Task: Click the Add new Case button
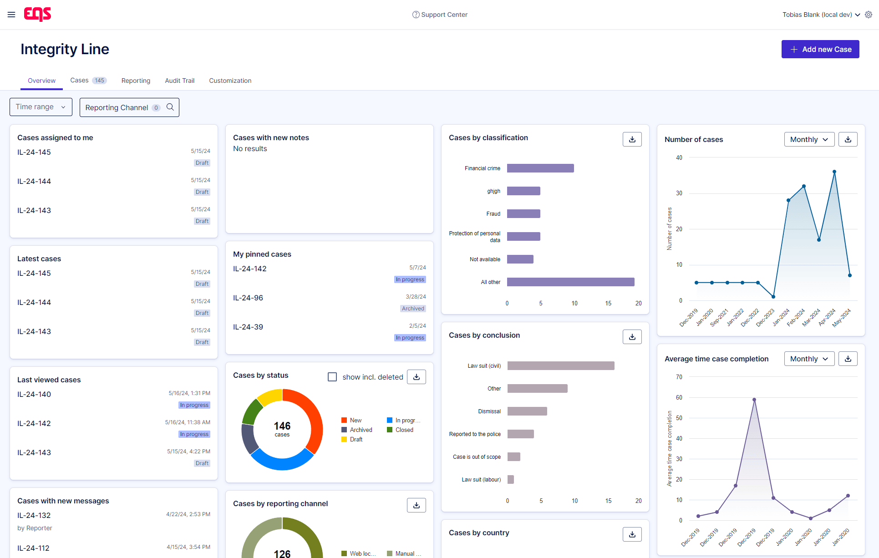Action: click(820, 49)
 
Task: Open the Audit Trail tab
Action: click(179, 81)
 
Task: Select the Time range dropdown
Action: click(41, 107)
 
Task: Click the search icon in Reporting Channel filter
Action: click(170, 107)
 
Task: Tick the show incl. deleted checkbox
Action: click(332, 377)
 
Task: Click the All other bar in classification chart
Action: click(570, 282)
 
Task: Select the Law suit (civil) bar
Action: click(561, 366)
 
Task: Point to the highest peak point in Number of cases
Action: click(834, 172)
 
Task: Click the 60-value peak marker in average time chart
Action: click(754, 400)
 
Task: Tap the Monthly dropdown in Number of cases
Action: click(809, 139)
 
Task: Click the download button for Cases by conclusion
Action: click(632, 337)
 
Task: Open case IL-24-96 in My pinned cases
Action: click(248, 298)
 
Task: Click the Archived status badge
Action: click(413, 309)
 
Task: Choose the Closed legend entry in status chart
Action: click(404, 430)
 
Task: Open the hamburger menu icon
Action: click(11, 15)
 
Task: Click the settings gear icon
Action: click(869, 15)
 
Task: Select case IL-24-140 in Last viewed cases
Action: click(34, 394)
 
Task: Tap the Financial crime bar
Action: click(540, 168)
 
